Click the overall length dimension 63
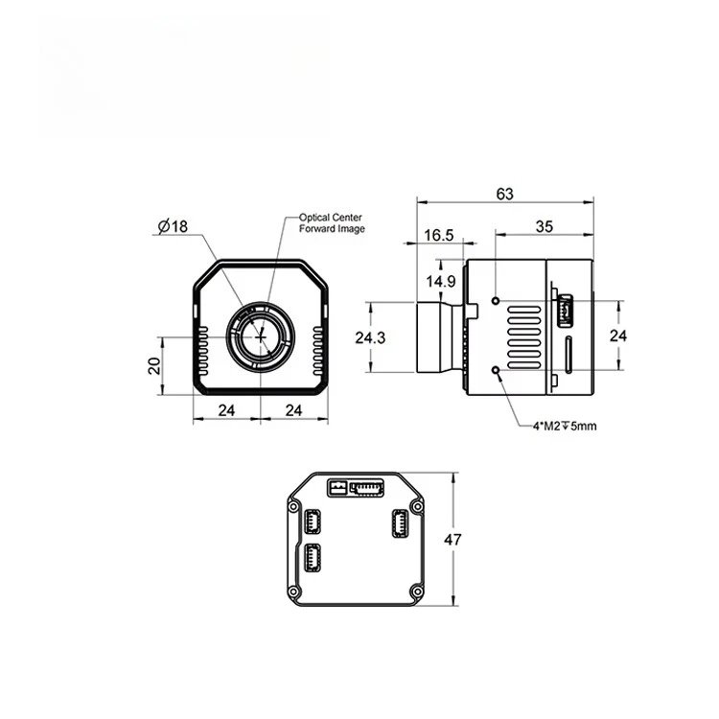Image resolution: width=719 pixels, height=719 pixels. click(x=505, y=194)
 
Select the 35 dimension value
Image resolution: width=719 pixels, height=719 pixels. click(x=545, y=226)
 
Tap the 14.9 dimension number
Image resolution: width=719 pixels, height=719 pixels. click(x=441, y=281)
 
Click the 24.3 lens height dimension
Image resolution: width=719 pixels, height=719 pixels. click(x=370, y=337)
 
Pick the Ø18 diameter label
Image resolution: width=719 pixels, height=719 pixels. click(x=173, y=226)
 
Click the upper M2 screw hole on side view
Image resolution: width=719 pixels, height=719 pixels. click(x=496, y=300)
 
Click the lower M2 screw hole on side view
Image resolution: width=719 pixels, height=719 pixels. click(x=496, y=371)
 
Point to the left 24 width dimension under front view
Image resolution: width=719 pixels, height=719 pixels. click(x=225, y=409)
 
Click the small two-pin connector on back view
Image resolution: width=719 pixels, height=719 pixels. click(x=336, y=488)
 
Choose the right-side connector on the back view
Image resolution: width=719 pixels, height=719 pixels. click(x=397, y=523)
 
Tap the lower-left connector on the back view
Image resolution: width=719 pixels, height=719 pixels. click(x=313, y=558)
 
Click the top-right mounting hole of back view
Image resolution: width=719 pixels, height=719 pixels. click(x=414, y=505)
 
